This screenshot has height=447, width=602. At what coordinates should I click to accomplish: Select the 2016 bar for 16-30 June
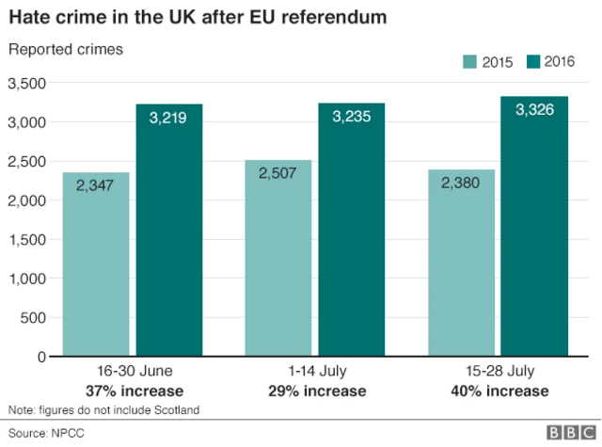pyautogui.click(x=169, y=231)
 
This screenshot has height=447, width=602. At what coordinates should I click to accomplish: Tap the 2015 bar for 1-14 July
pyautogui.click(x=277, y=259)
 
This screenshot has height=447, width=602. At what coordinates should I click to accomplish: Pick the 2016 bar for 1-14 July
pyautogui.click(x=351, y=230)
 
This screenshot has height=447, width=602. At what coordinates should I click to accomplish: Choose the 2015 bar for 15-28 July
pyautogui.click(x=460, y=263)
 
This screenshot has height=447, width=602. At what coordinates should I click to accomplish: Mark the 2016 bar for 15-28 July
pyautogui.click(x=533, y=227)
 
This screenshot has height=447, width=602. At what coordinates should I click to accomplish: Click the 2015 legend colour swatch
pyautogui.click(x=469, y=62)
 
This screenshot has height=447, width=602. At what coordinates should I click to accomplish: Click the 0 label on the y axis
pyautogui.click(x=40, y=358)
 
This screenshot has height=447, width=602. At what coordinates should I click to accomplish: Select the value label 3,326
pyautogui.click(x=534, y=111)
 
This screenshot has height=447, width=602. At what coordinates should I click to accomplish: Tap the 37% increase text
pyautogui.click(x=133, y=391)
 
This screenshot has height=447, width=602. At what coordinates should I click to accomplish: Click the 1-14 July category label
pyautogui.click(x=314, y=372)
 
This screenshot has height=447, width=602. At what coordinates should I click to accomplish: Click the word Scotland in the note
pyautogui.click(x=176, y=409)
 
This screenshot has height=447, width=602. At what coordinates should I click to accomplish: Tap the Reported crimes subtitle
pyautogui.click(x=65, y=49)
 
